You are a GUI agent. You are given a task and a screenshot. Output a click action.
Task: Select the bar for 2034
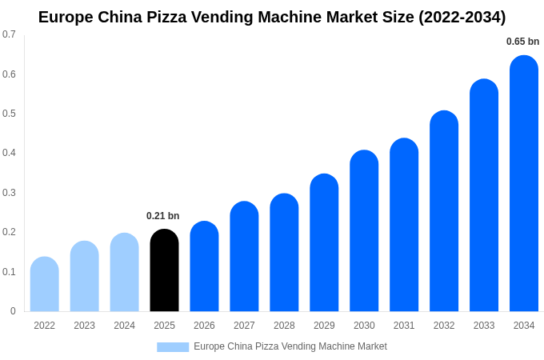[x=524, y=184]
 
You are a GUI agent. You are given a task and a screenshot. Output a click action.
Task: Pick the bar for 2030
[x=364, y=231]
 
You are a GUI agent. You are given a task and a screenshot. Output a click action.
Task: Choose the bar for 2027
[x=244, y=257]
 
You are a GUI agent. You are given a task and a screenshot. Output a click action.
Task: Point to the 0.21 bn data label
[x=162, y=216]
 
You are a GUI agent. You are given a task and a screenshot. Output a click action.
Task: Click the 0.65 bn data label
[x=522, y=42]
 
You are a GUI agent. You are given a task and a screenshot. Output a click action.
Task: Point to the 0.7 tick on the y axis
[x=9, y=34]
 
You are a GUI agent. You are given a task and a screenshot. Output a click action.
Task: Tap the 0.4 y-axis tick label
[x=9, y=153]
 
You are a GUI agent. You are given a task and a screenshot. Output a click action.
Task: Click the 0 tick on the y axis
[x=13, y=311]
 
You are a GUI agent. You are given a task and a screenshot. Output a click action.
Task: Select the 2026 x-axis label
[x=204, y=326]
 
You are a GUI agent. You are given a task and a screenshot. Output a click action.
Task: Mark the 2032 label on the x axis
[x=444, y=326]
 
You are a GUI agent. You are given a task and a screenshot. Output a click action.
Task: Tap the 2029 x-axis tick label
[x=324, y=326]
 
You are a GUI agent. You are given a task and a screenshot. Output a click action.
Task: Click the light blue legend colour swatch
[x=173, y=347]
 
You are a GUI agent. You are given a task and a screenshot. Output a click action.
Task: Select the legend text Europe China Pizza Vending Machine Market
[x=290, y=346]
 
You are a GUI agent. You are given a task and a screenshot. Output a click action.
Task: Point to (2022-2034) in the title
[x=462, y=17]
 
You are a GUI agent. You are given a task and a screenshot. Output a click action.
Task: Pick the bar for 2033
[x=484, y=195]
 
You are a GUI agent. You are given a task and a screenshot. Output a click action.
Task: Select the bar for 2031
[x=404, y=225]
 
